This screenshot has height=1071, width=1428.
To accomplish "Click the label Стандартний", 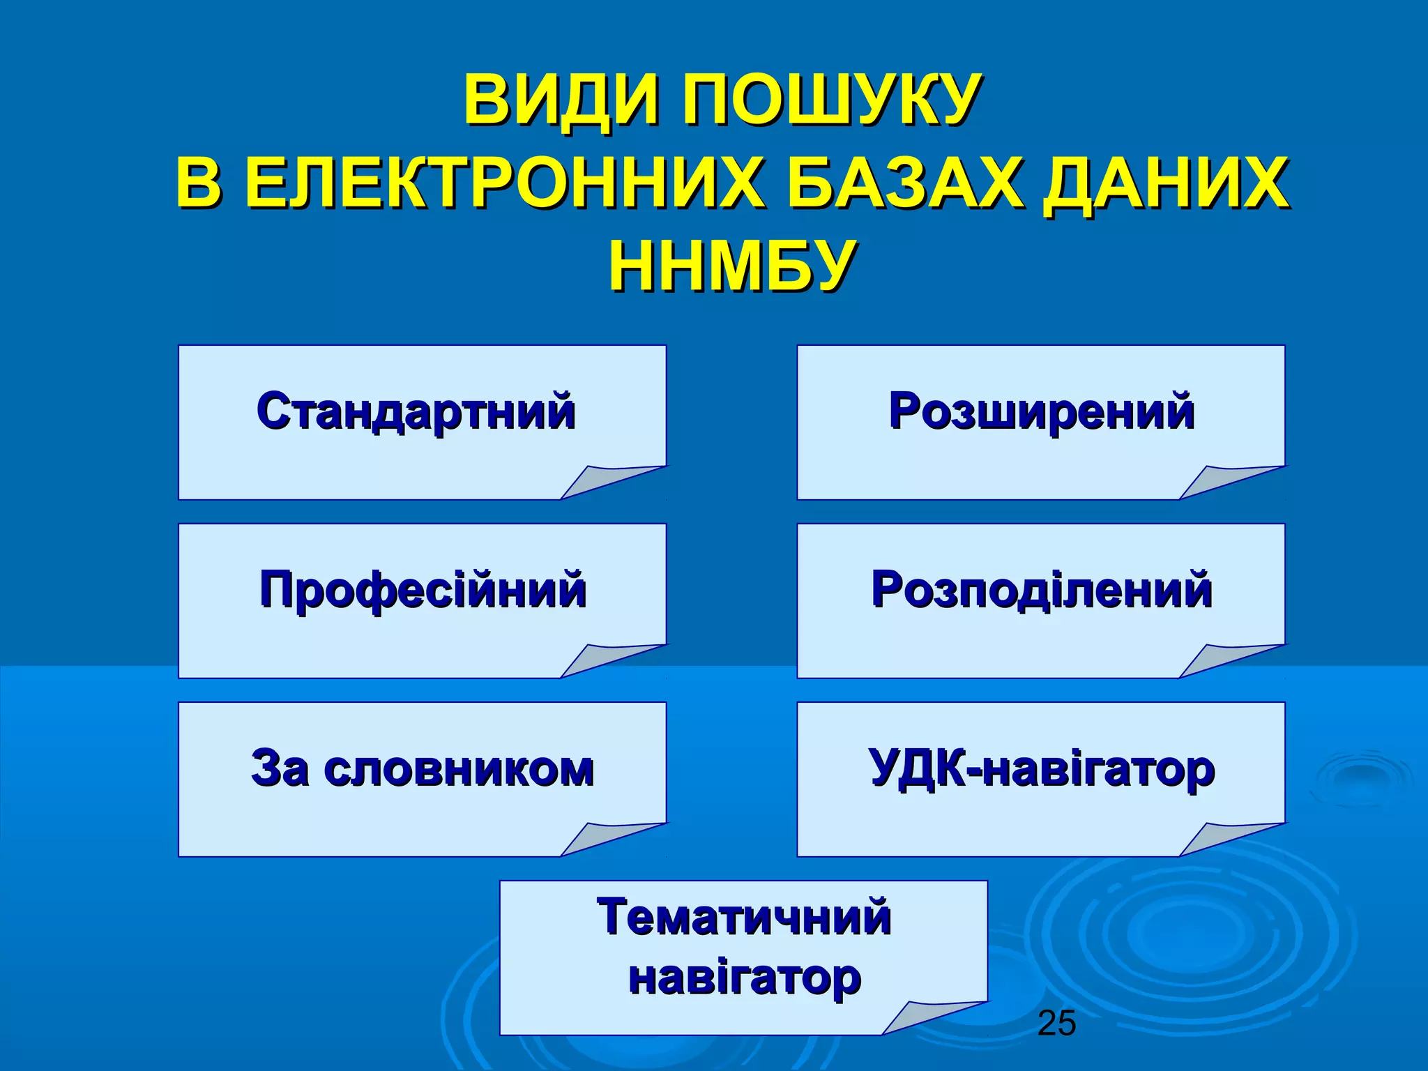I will pyautogui.click(x=416, y=411).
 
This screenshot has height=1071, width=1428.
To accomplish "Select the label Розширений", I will pyautogui.click(x=1042, y=411).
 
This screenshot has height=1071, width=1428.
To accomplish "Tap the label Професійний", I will pyautogui.click(x=423, y=590).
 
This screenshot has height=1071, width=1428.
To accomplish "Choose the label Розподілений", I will pyautogui.click(x=1042, y=590).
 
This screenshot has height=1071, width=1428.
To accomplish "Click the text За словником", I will pyautogui.click(x=423, y=768).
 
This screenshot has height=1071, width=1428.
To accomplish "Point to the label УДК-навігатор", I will pyautogui.click(x=1042, y=768).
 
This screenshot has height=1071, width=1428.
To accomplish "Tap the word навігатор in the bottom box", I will pyautogui.click(x=744, y=977).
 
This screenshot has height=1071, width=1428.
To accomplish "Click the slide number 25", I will pyautogui.click(x=1056, y=1024).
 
